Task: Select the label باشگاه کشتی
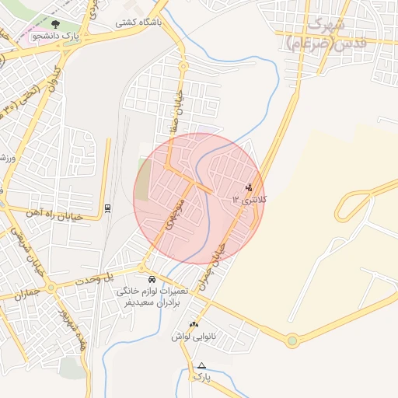click(139, 23)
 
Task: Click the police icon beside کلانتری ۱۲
click(249, 187)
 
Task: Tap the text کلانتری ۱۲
click(249, 200)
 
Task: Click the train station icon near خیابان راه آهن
click(107, 208)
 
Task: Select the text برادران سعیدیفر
click(154, 302)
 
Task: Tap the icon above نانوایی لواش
click(193, 323)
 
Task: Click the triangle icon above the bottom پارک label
click(202, 365)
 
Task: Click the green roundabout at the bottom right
click(292, 340)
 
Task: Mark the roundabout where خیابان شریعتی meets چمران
click(51, 288)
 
